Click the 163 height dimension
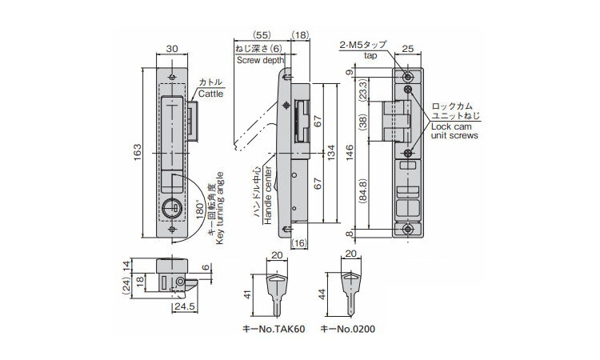[x=137, y=152]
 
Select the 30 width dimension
[x=172, y=49]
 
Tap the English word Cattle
[x=210, y=94]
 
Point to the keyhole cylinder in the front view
[x=170, y=208]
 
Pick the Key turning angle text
[x=220, y=208]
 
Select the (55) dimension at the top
[x=262, y=35]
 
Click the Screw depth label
[x=260, y=60]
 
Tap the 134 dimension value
[x=331, y=152]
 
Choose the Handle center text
[x=268, y=195]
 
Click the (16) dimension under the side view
[x=299, y=243]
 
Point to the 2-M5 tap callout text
[x=363, y=50]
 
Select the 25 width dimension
[x=408, y=49]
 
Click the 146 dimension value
[x=350, y=152]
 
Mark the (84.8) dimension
[x=363, y=190]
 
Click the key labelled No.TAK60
[x=278, y=294]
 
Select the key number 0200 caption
[x=347, y=329]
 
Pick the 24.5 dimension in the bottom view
[x=185, y=306]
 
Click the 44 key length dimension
[x=322, y=294]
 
